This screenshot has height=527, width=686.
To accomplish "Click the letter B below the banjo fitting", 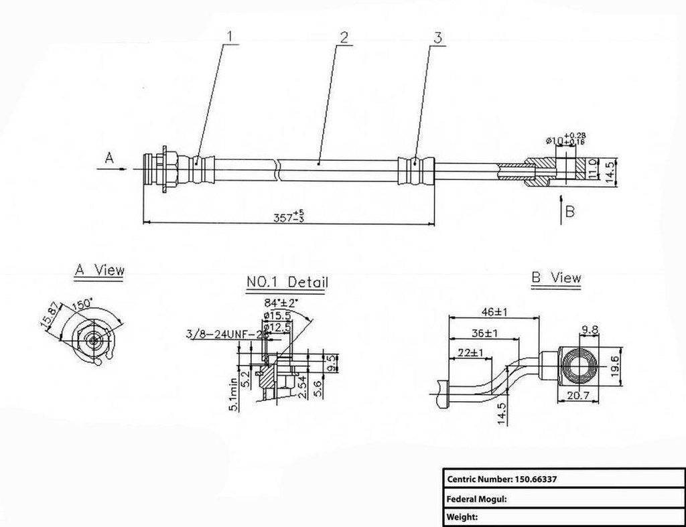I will click(570, 212).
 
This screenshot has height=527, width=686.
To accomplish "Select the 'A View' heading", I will click(98, 271).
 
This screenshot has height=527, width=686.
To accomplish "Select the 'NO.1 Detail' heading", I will click(287, 284).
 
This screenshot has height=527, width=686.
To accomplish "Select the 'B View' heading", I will click(556, 277).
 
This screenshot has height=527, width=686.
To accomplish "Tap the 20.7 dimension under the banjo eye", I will click(577, 396).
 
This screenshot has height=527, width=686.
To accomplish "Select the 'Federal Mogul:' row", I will click(476, 498).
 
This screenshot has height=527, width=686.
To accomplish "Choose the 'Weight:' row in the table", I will click(463, 516).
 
